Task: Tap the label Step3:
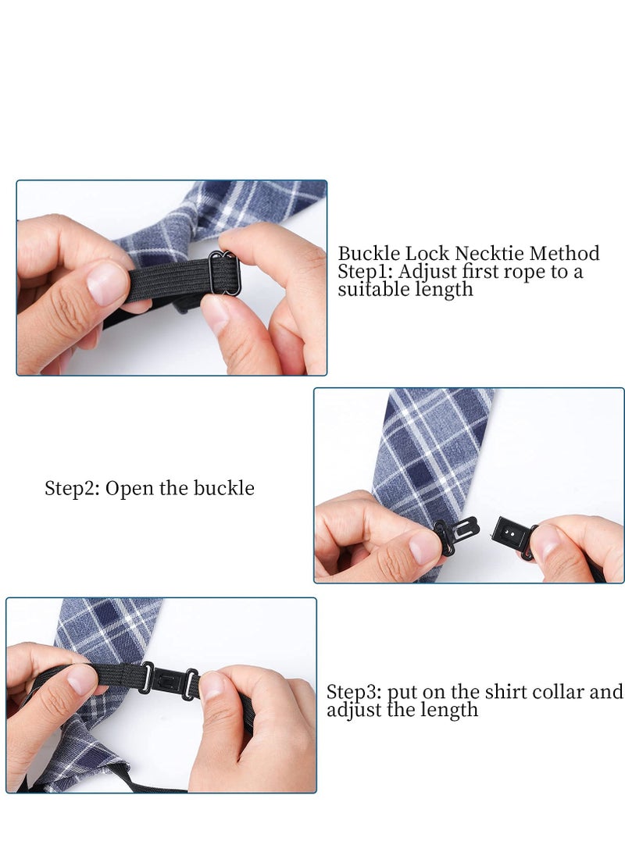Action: click(x=354, y=693)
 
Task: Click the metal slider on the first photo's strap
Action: click(x=225, y=273)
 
